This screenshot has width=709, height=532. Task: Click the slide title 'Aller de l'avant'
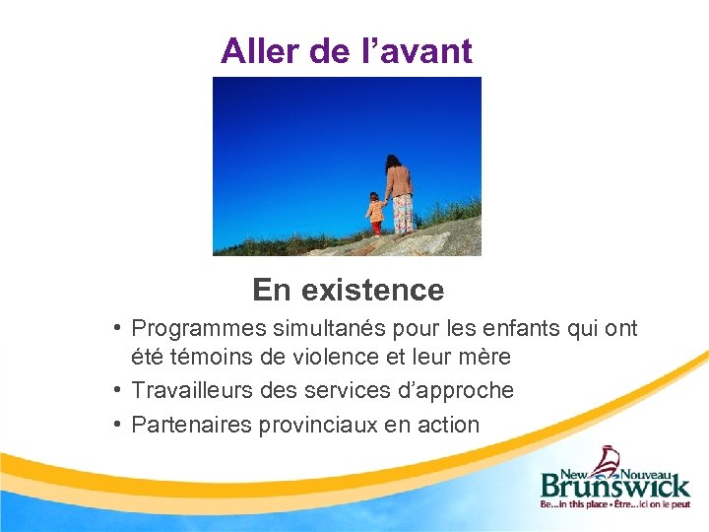pyautogui.click(x=347, y=50)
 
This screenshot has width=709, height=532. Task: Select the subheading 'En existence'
pyautogui.click(x=348, y=290)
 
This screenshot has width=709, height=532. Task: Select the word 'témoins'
pyautogui.click(x=204, y=356)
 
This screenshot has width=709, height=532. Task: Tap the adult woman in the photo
pyautogui.click(x=399, y=194)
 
